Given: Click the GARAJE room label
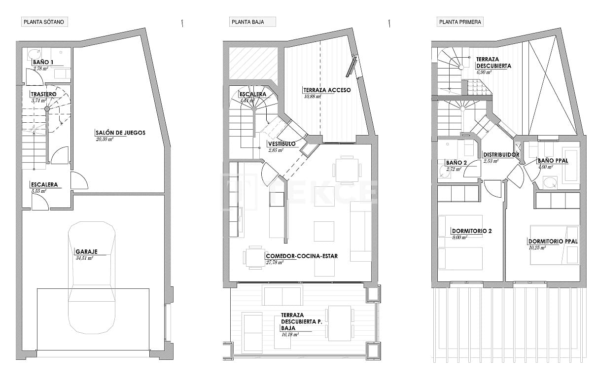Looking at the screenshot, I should [86, 251].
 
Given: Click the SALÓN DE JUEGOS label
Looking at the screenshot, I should [120, 133].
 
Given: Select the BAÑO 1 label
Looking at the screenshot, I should [43, 63].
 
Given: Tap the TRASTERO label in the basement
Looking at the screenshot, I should [43, 94].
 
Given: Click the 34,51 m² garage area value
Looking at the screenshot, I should [84, 258].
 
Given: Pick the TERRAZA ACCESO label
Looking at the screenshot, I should [326, 90].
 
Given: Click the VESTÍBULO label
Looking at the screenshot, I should [281, 144].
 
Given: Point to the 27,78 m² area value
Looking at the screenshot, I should [275, 263].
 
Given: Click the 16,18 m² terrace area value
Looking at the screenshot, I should [290, 334].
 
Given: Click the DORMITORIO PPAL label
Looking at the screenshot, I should [552, 242].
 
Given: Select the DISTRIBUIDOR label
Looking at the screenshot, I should [501, 155].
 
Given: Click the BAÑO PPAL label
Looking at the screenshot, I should [553, 161].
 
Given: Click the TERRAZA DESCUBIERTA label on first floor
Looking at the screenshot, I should [493, 62].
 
